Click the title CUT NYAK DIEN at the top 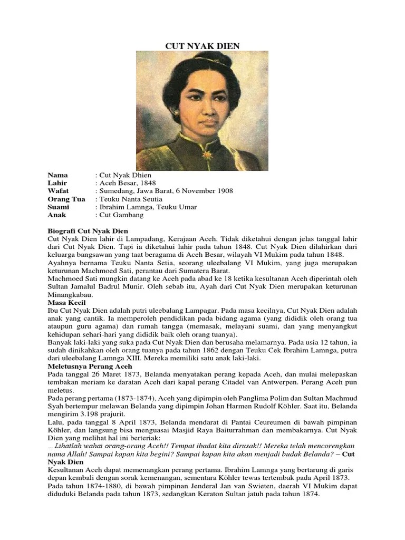coord(202,46)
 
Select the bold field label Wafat coord(58,191)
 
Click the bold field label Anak coord(56,215)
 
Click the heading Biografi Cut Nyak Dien coord(88,231)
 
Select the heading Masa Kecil coord(66,303)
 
